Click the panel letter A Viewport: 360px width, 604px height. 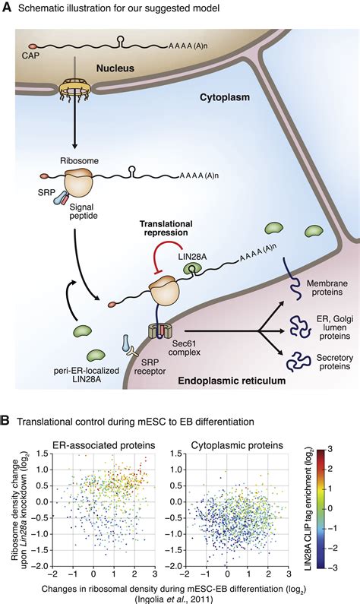click(x=7, y=8)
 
